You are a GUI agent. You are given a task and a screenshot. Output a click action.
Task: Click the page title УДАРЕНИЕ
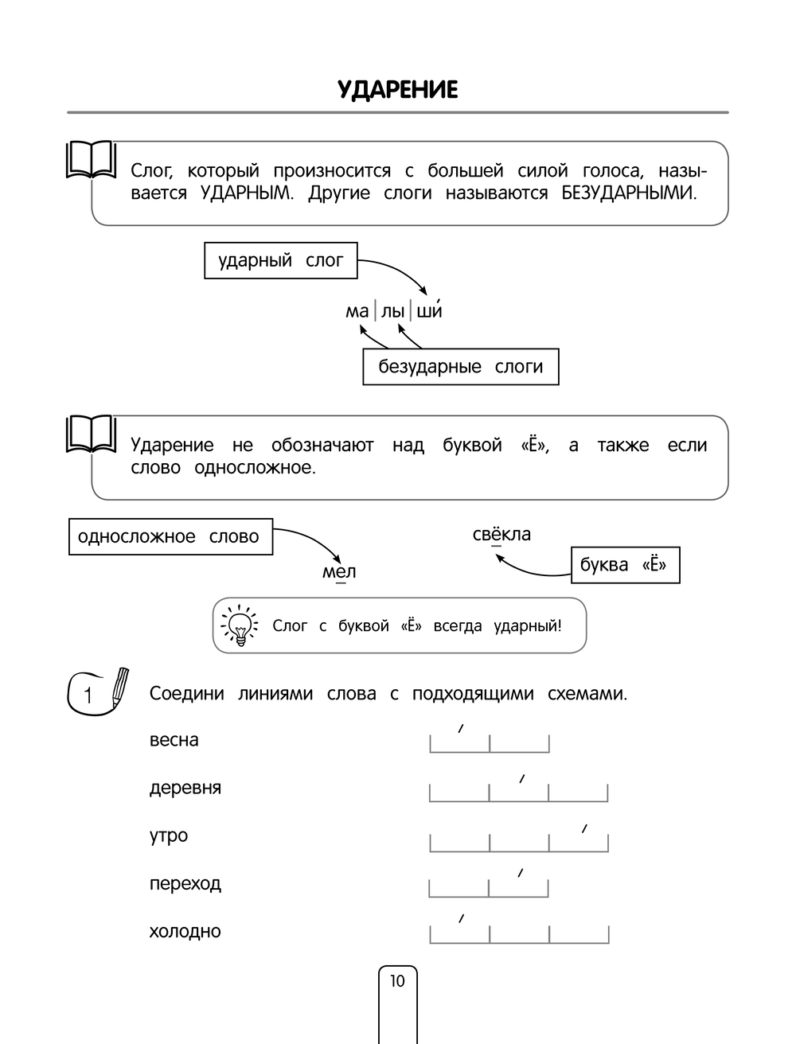397,90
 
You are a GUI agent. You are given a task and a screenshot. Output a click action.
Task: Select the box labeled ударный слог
281,261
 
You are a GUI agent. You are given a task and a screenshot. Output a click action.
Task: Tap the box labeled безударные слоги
460,367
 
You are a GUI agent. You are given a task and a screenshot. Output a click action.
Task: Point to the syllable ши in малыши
429,311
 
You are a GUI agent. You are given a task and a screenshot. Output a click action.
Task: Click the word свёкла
501,535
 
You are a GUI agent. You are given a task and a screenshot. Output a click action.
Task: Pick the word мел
339,571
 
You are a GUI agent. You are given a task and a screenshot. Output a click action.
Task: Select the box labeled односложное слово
170,537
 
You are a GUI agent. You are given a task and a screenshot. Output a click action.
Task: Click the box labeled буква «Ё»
625,565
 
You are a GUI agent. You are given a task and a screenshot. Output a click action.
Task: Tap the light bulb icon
239,625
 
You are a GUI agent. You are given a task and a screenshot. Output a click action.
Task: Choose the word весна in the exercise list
174,740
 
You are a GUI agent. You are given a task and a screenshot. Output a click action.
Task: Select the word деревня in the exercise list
185,788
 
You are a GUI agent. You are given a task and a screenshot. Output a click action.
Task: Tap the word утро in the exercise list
169,836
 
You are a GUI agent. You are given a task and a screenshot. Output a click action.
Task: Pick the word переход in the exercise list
185,883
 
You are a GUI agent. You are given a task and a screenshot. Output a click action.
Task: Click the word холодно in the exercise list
185,931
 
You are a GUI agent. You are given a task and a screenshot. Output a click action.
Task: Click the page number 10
397,981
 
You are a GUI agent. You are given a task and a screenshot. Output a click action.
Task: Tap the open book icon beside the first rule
90,158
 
